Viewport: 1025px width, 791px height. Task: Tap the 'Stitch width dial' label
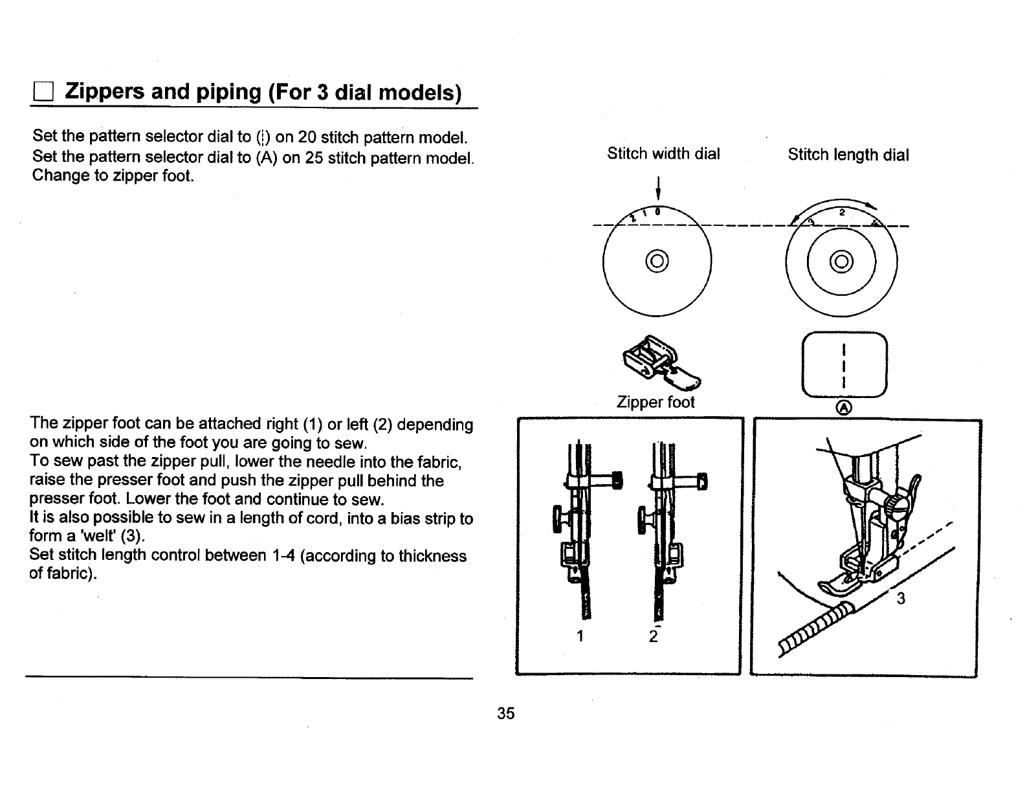[x=663, y=154]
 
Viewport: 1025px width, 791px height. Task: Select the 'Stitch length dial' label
[x=848, y=155]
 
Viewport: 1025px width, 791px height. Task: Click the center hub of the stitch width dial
[x=656, y=262]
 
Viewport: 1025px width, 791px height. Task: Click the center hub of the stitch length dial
[x=841, y=262]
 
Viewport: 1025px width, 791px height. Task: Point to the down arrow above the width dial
[x=657, y=188]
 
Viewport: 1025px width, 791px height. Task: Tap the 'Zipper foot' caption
[x=656, y=402]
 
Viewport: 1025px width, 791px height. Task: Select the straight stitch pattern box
[x=844, y=366]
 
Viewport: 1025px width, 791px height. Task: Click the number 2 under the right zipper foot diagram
[x=653, y=637]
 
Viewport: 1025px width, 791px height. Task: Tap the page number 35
[x=505, y=713]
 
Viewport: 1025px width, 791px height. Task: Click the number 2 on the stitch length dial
[x=842, y=212]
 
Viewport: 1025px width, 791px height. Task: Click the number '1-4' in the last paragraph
[x=280, y=556]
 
